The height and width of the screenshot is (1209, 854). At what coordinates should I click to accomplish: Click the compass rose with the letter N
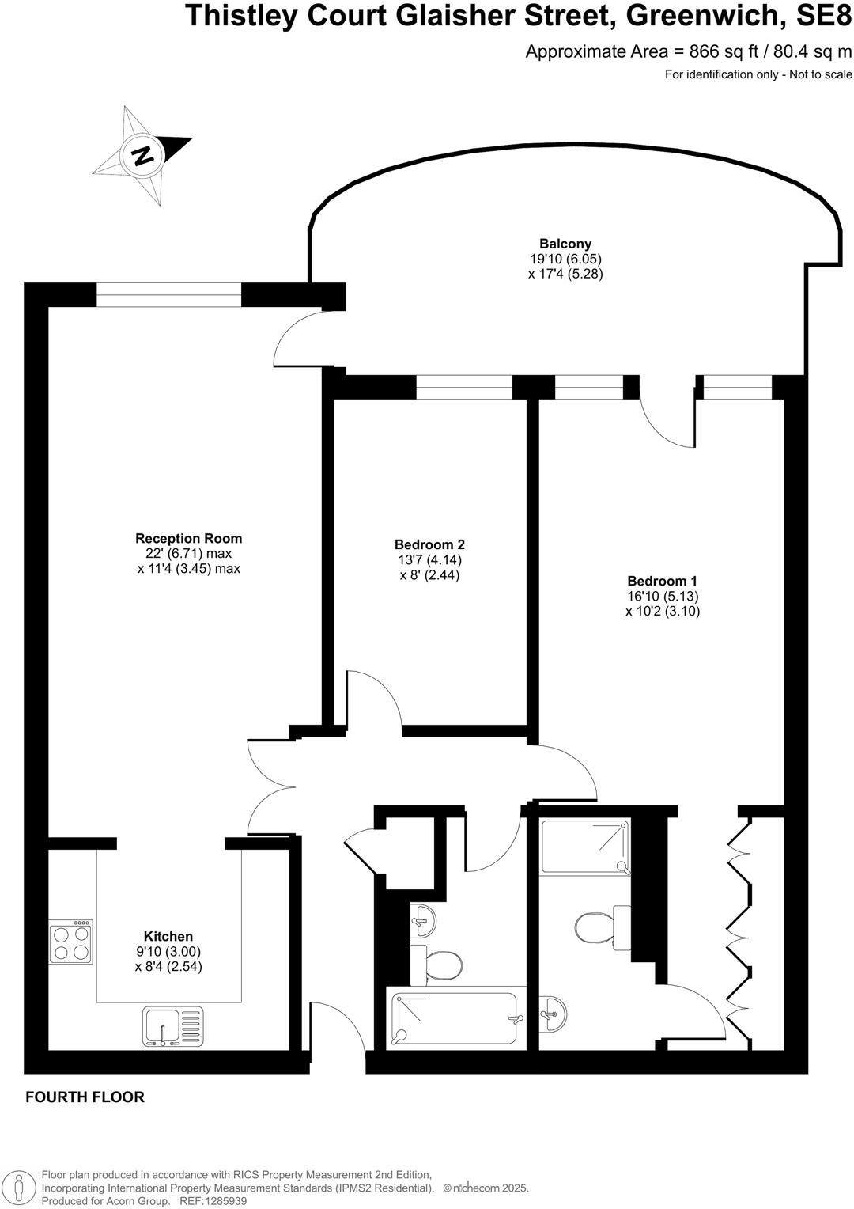142,153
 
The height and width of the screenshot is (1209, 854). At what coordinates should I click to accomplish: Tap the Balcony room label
565,244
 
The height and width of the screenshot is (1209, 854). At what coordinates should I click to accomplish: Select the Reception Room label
188,539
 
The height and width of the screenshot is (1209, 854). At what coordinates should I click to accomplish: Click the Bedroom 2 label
429,544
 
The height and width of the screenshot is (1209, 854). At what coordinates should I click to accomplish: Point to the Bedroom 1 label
663,581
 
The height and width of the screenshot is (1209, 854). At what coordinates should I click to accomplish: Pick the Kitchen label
168,936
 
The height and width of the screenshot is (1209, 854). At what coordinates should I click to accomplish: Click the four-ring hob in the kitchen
70,942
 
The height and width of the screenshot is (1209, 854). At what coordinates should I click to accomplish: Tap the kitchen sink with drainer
173,1026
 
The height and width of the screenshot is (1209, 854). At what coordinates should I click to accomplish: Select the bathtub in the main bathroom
455,1018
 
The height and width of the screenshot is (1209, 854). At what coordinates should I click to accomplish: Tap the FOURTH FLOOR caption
85,1097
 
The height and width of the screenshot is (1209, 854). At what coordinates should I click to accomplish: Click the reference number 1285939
225,1201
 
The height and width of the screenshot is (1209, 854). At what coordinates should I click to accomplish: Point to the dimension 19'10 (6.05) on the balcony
565,260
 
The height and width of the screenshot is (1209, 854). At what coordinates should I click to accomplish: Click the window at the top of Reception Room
168,296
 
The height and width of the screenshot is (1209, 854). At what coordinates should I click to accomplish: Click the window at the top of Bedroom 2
464,387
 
